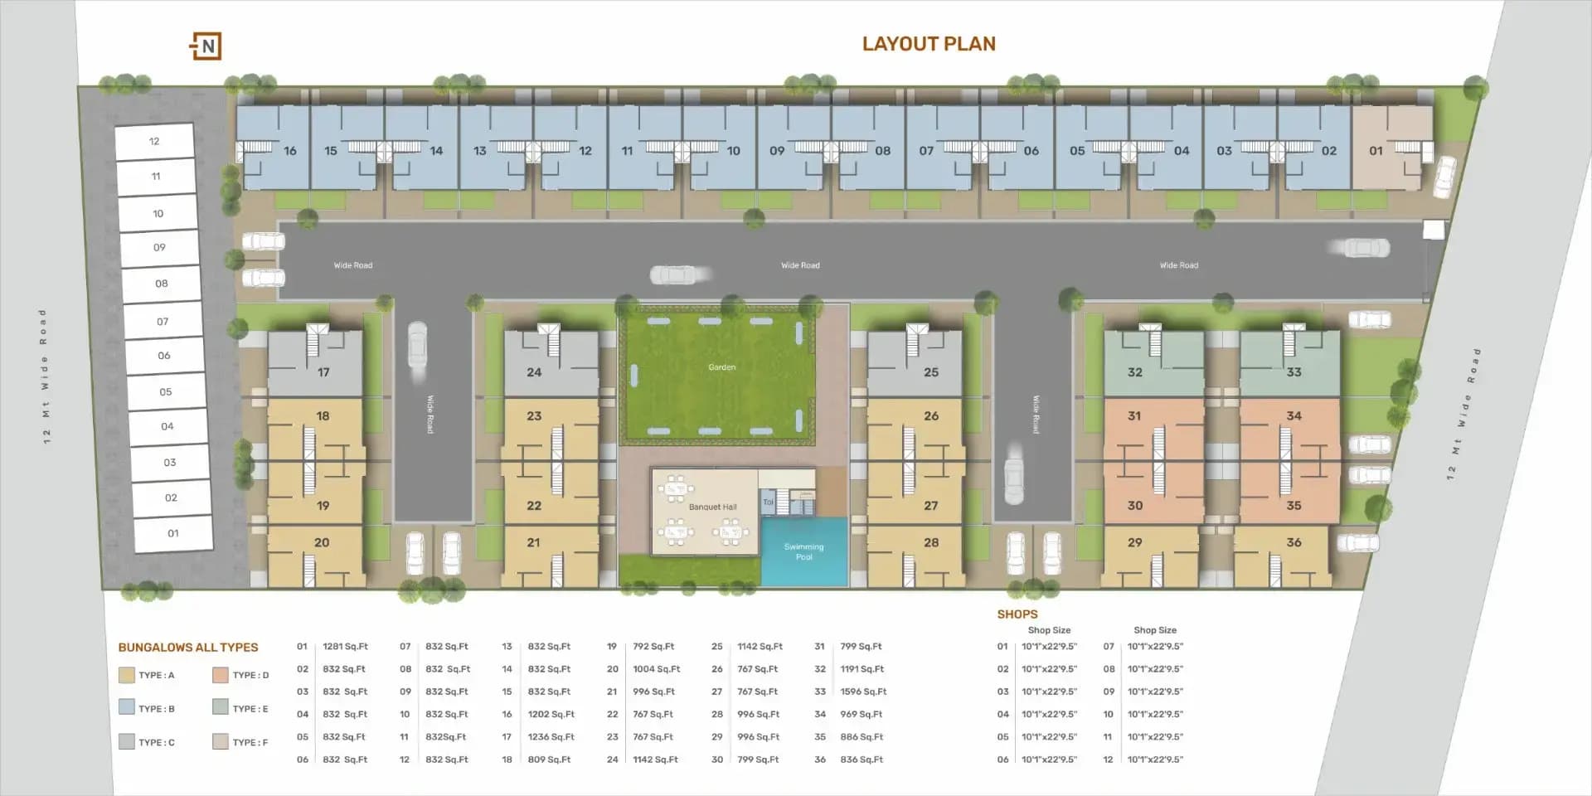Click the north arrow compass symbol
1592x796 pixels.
(x=206, y=46)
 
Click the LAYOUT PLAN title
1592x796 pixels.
(x=929, y=44)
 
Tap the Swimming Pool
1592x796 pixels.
(x=803, y=551)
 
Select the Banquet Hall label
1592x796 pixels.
(x=712, y=507)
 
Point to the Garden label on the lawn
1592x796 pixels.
(x=721, y=367)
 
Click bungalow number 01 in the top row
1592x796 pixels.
(x=1376, y=150)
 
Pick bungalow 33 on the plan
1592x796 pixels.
(x=1293, y=372)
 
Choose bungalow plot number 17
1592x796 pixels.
(x=323, y=372)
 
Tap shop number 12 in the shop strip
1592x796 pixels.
(x=154, y=142)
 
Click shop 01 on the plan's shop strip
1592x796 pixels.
(x=173, y=533)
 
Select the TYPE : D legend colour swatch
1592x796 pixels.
(x=220, y=675)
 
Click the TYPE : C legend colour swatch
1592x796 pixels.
(x=126, y=742)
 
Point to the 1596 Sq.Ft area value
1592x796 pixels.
(x=863, y=692)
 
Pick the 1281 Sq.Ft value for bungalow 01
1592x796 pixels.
(x=345, y=647)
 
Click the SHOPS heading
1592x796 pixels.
(x=1017, y=614)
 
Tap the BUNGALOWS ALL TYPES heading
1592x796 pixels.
(x=188, y=648)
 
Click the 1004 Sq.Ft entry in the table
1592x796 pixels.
(x=656, y=669)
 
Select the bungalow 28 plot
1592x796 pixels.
(x=931, y=542)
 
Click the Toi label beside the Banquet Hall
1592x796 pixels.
(x=768, y=502)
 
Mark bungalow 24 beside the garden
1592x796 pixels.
(x=534, y=372)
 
